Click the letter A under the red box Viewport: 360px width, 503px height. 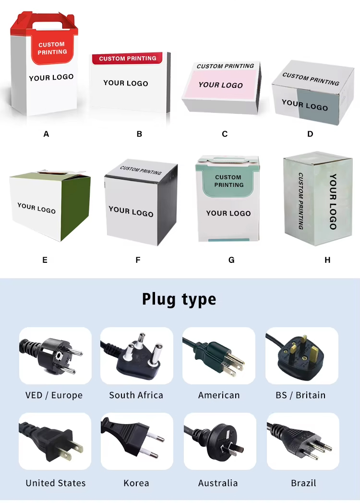coord(46,135)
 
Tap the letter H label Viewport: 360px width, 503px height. coord(327,260)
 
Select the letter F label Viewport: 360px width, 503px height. coord(138,260)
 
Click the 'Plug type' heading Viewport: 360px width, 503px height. coord(179,299)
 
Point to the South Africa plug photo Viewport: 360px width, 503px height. coord(136,356)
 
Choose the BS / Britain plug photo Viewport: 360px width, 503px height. coord(301,356)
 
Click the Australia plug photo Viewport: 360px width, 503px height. coord(219,442)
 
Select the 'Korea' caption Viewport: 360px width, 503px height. coord(136,483)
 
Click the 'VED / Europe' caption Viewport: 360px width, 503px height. coord(54,395)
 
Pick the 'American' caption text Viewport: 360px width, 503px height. coord(219,395)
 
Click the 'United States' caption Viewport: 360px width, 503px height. coord(56,483)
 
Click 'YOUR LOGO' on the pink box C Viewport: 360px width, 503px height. coord(221,85)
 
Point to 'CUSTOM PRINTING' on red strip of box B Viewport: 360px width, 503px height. coord(128,59)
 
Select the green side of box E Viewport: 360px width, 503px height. coord(75,207)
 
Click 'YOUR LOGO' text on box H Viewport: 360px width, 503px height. coord(333,202)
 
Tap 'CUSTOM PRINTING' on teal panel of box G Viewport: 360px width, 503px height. coord(228,181)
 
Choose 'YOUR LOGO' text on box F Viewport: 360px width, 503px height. coord(131,211)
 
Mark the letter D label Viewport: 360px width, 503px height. coord(310,135)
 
